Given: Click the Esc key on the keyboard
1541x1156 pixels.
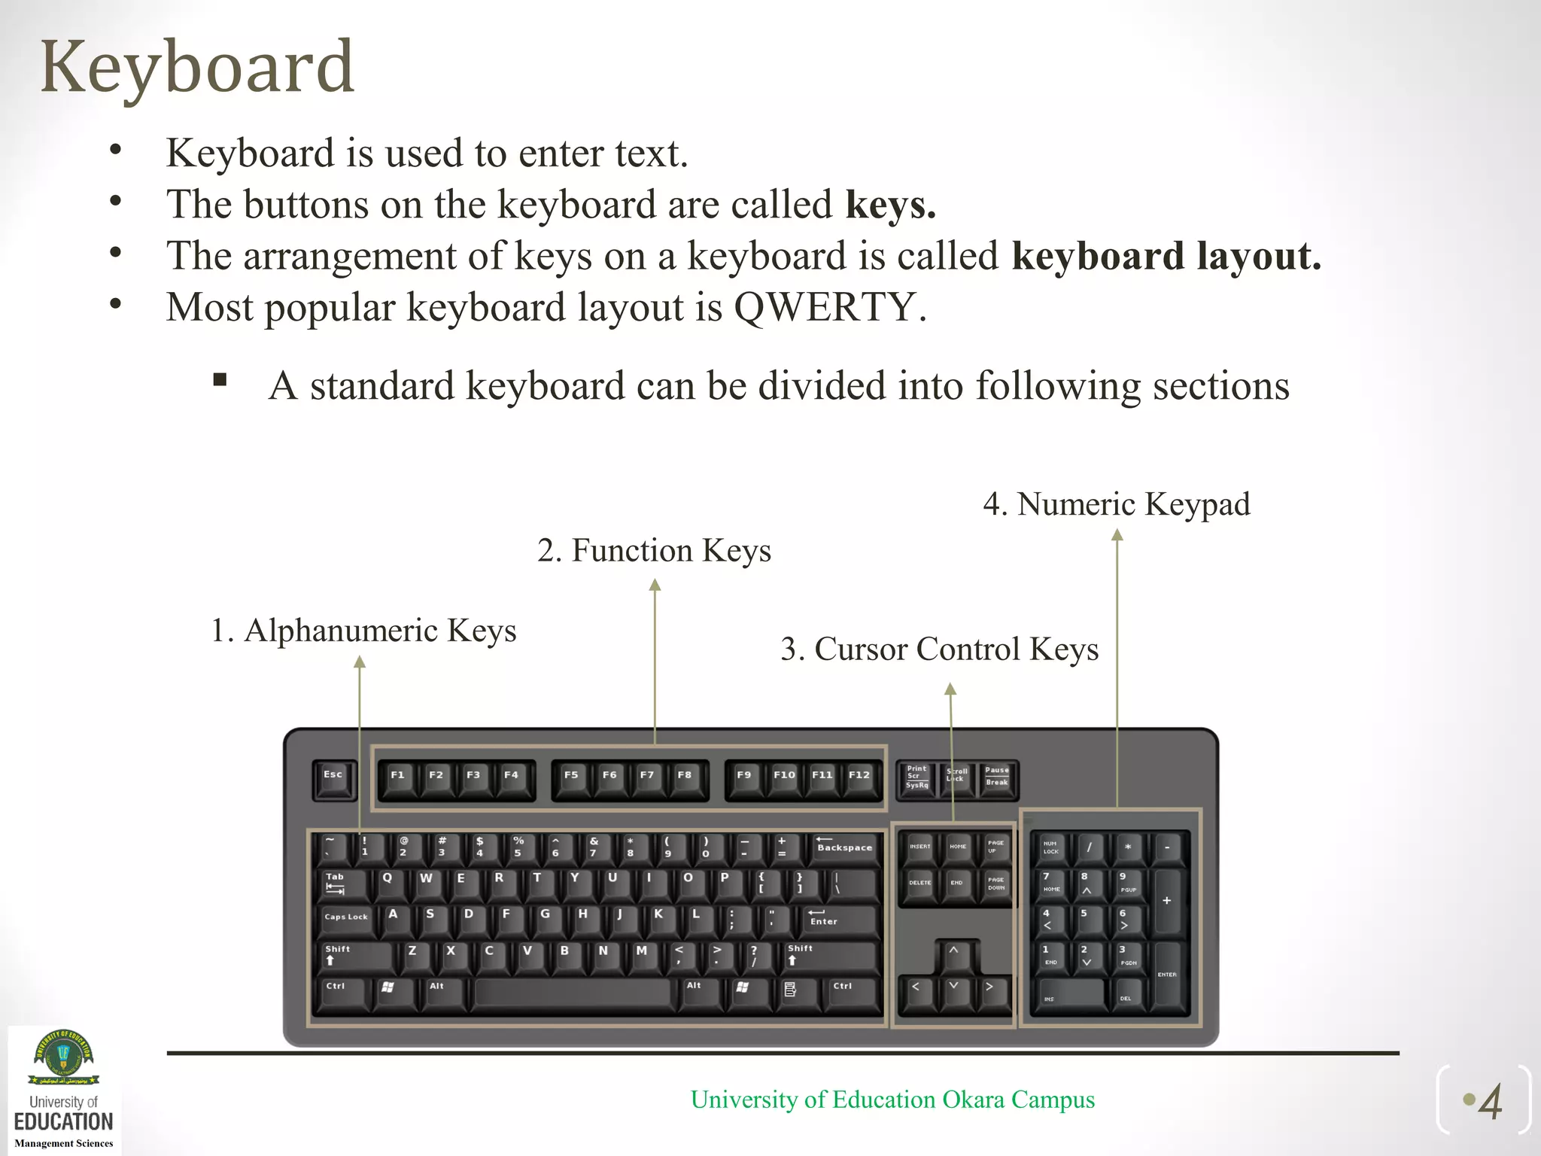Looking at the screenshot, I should [x=333, y=779].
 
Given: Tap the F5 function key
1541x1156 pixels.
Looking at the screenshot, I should [x=572, y=779].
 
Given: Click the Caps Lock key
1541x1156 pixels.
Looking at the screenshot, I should [x=347, y=919].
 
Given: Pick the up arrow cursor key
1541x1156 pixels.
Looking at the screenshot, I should [x=953, y=955].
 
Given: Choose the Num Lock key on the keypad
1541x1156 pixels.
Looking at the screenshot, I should [x=1051, y=847].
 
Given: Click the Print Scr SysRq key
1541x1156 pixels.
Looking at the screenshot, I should [x=917, y=779].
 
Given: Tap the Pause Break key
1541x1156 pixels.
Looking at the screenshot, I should [x=998, y=778].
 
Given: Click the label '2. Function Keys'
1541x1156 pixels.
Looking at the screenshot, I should [x=654, y=551].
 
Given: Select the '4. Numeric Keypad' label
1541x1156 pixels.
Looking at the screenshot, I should [x=1116, y=504].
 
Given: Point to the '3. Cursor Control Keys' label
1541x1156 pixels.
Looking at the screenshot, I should [x=939, y=649].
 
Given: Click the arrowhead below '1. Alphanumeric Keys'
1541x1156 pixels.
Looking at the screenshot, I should [x=360, y=662].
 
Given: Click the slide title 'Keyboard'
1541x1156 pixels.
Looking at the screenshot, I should [x=197, y=68].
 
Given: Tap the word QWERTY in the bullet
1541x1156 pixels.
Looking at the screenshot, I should [x=825, y=307].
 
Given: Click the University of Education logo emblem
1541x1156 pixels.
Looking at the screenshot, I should [x=64, y=1057].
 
